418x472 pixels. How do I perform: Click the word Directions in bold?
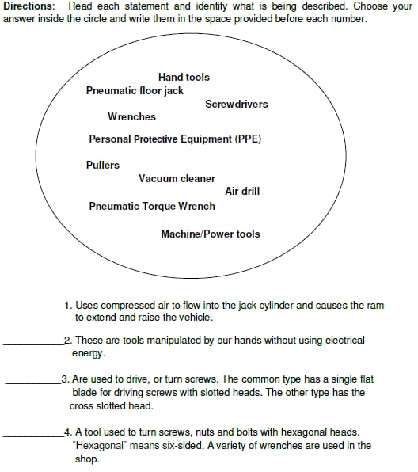coord(28,6)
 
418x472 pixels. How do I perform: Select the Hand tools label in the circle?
coord(184,77)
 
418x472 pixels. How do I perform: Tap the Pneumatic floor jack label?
coord(135,90)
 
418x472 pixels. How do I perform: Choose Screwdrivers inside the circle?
coord(236,104)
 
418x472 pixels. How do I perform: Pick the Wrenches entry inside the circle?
coord(131,116)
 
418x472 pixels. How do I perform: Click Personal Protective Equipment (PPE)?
coord(175,139)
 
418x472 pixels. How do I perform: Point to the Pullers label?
coord(103,165)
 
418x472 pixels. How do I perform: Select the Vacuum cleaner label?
coord(177,178)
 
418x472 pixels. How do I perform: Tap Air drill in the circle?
coord(242,191)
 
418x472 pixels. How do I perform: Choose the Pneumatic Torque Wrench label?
coord(152,206)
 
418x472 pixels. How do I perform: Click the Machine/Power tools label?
coord(210,234)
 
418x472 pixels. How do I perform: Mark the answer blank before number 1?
coord(33,308)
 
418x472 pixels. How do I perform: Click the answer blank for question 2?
coord(33,343)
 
